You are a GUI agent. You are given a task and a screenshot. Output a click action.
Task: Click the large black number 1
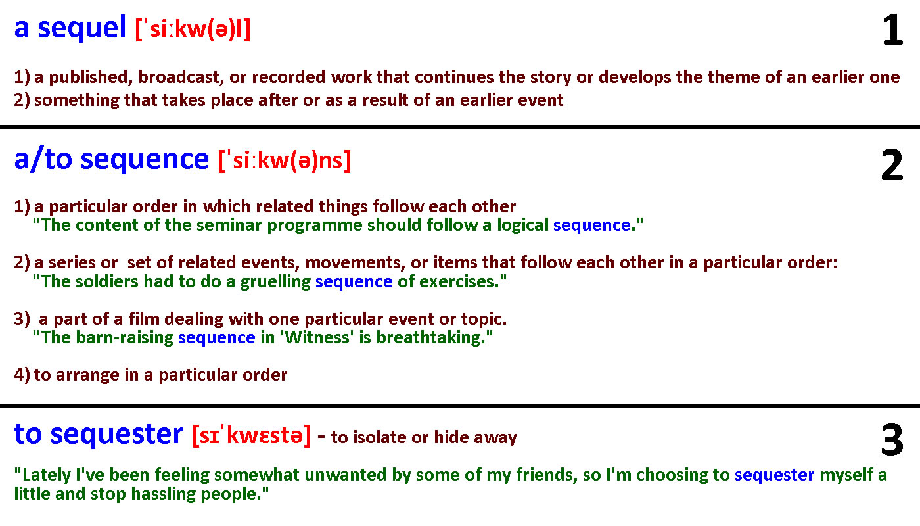(892, 30)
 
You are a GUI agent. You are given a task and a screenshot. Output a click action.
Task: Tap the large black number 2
(892, 165)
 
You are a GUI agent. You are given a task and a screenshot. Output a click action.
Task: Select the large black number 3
(892, 440)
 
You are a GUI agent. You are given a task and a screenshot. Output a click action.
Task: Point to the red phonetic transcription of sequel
(193, 30)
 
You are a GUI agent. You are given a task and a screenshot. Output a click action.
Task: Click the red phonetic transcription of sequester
(251, 435)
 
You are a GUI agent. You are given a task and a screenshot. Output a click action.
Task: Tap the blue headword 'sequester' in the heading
(117, 435)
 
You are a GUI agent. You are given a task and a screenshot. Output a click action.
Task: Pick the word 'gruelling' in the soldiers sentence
(275, 283)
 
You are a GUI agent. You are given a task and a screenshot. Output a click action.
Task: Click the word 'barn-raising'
(125, 338)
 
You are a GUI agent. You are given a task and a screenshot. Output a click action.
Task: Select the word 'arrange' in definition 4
(87, 375)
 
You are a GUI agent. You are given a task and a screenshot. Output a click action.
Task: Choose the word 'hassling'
(164, 494)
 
